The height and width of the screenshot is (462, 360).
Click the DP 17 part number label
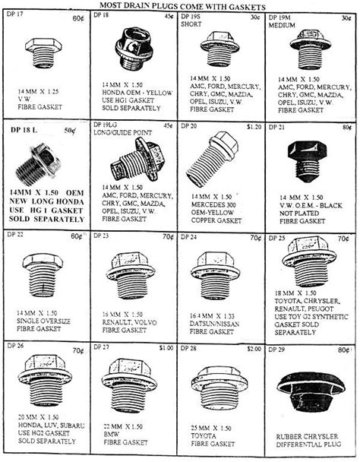[15, 14]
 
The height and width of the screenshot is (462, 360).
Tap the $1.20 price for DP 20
[253, 125]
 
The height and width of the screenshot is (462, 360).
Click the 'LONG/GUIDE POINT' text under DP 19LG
[122, 130]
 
